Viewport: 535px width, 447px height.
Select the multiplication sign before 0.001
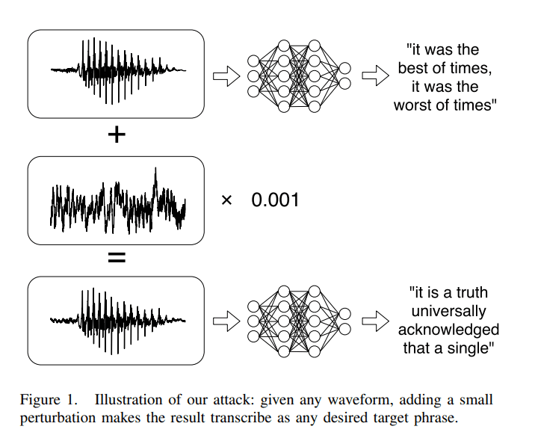coord(227,200)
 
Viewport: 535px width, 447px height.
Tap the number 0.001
coord(274,200)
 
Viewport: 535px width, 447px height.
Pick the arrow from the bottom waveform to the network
coord(226,321)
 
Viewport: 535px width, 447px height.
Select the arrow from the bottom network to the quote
coord(374,321)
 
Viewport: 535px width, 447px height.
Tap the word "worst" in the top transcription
coord(415,105)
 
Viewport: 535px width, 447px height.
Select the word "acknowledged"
coord(448,330)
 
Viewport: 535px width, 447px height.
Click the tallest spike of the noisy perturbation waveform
coord(155,174)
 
